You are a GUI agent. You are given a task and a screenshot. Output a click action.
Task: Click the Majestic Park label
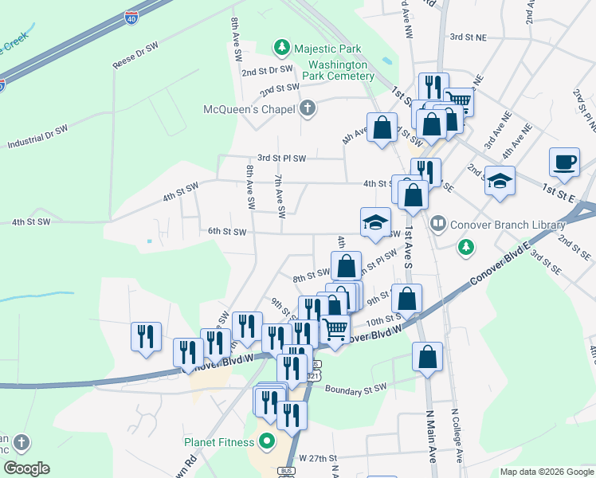326,49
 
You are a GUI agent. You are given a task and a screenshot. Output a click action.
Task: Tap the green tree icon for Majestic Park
281,49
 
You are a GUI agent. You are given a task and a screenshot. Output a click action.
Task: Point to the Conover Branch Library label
497,225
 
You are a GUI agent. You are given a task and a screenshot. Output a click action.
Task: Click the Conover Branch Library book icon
437,224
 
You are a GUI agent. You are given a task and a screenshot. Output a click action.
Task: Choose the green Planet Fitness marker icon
265,441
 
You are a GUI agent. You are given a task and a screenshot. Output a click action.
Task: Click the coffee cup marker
564,162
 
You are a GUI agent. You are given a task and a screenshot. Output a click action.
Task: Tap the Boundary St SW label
355,388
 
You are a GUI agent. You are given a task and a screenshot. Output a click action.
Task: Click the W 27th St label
318,459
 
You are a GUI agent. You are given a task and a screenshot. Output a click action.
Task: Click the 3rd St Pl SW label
281,159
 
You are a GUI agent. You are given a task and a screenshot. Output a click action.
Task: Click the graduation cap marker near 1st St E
500,181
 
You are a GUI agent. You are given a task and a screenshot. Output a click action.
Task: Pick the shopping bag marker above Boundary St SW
427,357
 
